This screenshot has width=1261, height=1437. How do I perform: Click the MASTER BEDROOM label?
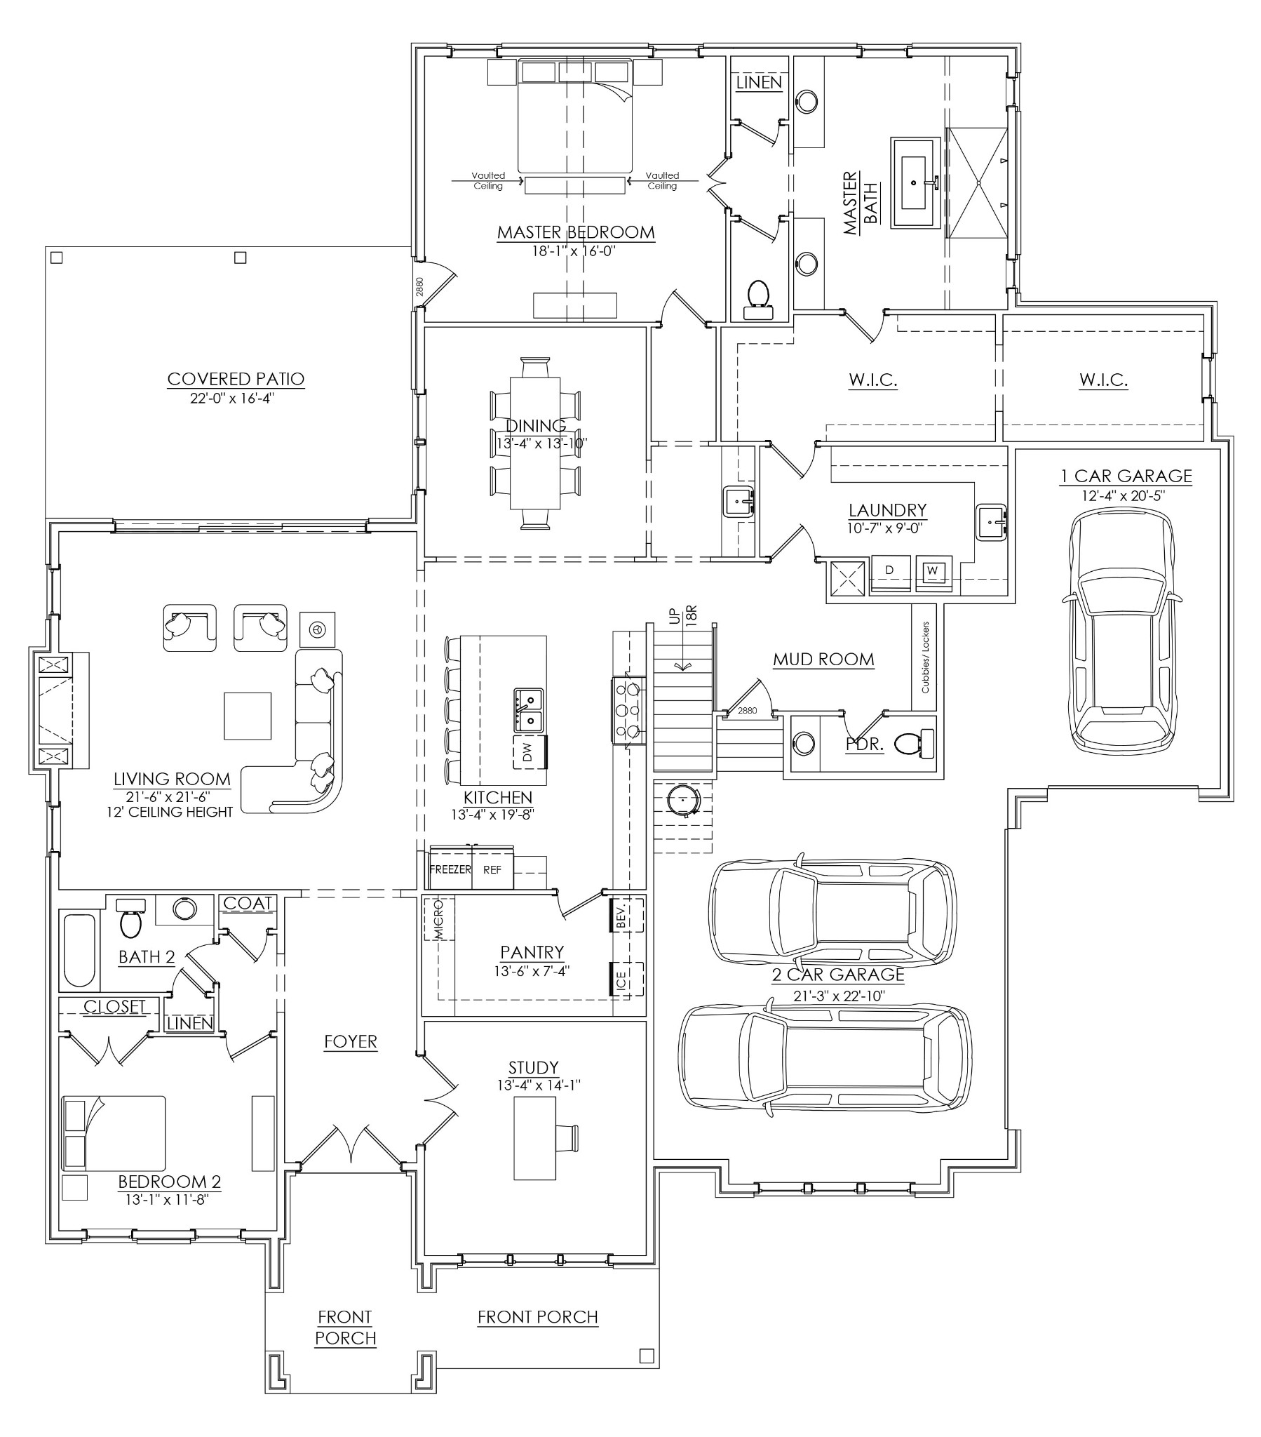click(x=576, y=232)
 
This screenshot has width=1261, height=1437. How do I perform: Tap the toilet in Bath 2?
click(x=130, y=919)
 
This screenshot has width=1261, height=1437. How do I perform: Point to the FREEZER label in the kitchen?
click(x=450, y=869)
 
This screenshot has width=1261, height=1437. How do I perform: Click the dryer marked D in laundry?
click(x=890, y=571)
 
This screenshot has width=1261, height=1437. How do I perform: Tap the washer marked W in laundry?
click(x=933, y=571)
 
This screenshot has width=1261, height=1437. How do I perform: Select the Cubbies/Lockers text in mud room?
click(x=925, y=657)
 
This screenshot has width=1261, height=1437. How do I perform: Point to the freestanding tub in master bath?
click(x=915, y=183)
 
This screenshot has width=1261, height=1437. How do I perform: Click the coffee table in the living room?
click(x=248, y=716)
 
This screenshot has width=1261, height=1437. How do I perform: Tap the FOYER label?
click(x=350, y=1041)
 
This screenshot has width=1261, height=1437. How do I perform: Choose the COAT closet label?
click(x=248, y=904)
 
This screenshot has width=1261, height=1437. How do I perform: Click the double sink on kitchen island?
click(x=528, y=709)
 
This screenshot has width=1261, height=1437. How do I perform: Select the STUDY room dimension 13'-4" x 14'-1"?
click(x=539, y=1085)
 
